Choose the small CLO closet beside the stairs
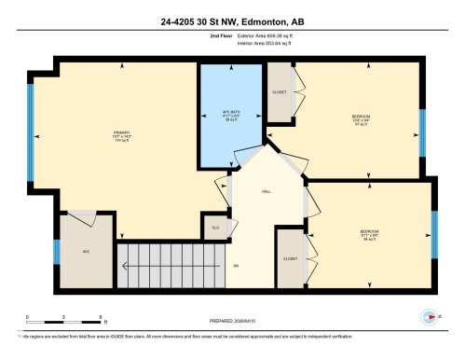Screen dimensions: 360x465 214,227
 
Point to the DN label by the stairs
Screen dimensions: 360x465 236,266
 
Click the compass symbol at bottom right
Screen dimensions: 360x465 429,316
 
